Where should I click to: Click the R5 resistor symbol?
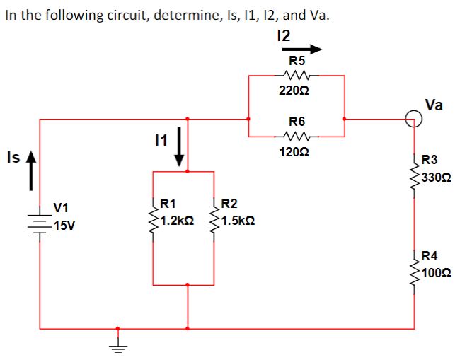296,74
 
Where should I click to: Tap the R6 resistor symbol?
296,134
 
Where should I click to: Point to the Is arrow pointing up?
30,171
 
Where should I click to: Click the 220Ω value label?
296,91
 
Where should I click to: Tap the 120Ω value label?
296,151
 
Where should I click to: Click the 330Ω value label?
437,176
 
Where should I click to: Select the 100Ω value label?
437,271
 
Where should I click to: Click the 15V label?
67,226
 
